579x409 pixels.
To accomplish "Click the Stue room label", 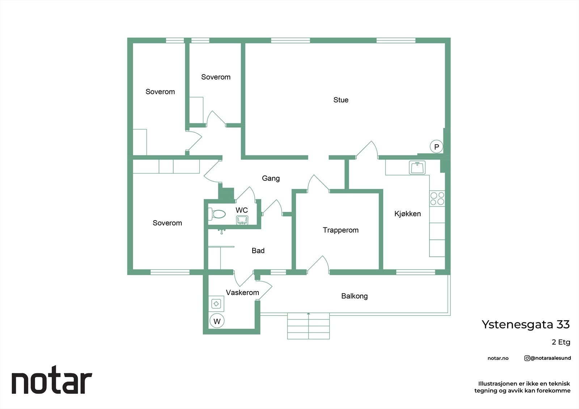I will pos(341,100).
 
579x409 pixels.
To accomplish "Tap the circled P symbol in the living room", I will pos(436,147).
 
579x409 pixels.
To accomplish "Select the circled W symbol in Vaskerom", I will pos(217,321).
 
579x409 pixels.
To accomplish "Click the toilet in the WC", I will pos(217,214).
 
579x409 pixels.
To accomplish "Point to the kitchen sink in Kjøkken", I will pos(417,168).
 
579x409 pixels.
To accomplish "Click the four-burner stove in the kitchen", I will pos(437,199).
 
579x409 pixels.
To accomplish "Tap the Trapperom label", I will pos(341,230).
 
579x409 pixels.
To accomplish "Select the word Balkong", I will pos(354,296).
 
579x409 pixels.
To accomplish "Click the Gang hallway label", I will pos(271,178).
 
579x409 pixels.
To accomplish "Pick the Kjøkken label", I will pos(407,214).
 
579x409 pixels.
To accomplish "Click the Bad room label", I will pos(258,251).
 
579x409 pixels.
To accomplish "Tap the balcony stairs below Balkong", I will pos(308,326).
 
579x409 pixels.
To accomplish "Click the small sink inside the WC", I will pos(242,220).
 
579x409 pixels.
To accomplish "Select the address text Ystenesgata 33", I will pos(525,324).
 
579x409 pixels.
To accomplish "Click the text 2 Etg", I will pos(561,342).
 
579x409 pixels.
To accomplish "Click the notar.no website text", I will pos(498,358).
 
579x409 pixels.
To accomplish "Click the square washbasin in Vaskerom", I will pos(216,304).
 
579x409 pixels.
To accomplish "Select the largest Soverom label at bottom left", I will pos(167,223).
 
